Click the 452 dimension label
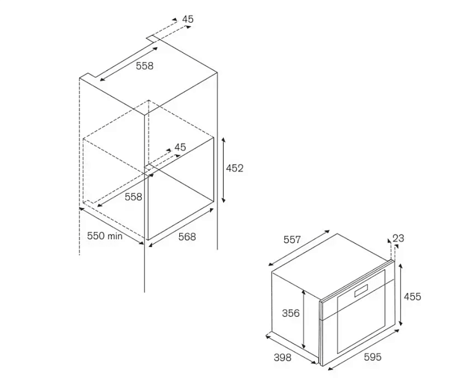point(235,168)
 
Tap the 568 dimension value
point(187,237)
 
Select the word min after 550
point(115,236)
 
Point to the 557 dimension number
point(292,240)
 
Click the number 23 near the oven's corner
point(398,238)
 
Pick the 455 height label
point(412,296)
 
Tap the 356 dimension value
point(291,313)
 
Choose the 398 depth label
point(283,358)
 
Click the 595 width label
point(373,357)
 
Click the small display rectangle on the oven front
point(361,290)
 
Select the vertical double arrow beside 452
point(224,169)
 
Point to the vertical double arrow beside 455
point(401,294)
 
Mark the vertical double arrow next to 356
point(303,319)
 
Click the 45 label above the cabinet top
point(188,20)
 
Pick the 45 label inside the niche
point(180,147)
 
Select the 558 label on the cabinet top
point(144,66)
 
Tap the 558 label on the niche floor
point(133,197)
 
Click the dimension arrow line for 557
point(299,248)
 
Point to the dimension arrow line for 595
point(364,350)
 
